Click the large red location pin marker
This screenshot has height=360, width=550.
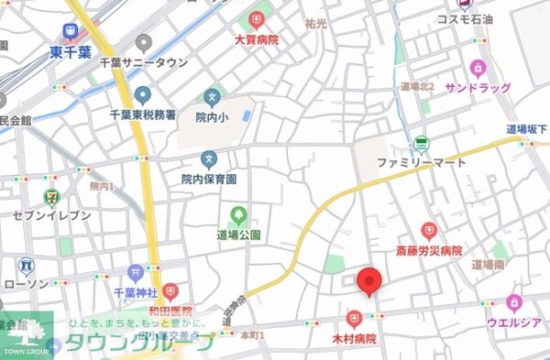tap(368, 281)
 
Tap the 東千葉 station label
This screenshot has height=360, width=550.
tap(71, 52)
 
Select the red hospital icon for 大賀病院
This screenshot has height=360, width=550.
tap(256, 19)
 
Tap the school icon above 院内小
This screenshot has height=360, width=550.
tap(213, 95)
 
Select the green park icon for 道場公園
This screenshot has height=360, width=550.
tap(238, 215)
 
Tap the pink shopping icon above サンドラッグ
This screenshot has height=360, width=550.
tap(477, 68)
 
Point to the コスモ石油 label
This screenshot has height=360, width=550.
tap(467, 18)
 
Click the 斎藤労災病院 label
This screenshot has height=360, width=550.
tap(428, 250)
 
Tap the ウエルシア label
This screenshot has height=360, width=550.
tap(513, 322)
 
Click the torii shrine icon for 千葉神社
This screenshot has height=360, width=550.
tap(136, 272)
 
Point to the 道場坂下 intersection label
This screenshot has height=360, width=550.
tap(527, 130)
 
